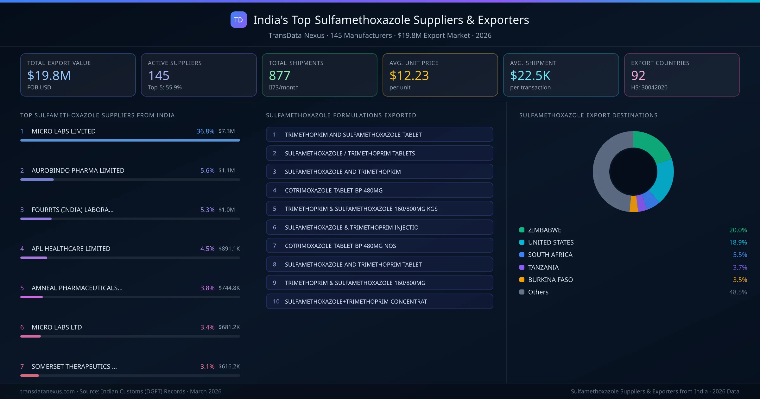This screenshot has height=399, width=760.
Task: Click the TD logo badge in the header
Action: (238, 20)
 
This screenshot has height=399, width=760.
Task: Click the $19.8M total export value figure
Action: (49, 75)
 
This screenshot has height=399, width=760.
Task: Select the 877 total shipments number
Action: (279, 75)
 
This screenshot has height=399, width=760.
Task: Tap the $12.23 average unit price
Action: (409, 75)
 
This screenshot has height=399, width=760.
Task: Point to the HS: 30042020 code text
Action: (649, 87)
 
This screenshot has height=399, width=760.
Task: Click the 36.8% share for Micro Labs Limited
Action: (205, 131)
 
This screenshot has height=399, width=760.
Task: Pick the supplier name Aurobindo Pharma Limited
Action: (78, 170)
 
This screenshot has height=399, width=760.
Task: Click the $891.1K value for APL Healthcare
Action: (229, 249)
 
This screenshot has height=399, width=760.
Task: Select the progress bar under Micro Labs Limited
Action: (130, 140)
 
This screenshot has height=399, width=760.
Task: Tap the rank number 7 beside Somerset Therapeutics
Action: (22, 366)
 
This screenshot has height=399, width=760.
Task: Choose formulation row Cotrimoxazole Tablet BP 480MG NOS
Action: (379, 246)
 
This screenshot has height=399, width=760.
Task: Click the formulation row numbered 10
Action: (379, 301)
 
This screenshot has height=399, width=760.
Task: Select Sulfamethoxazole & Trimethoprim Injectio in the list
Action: (379, 227)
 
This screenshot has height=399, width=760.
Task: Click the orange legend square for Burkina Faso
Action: (522, 280)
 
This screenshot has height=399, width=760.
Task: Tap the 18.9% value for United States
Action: (738, 242)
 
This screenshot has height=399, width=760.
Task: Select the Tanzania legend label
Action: (543, 267)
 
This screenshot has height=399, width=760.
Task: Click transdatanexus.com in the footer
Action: (47, 391)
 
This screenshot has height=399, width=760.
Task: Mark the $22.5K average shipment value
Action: (530, 75)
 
